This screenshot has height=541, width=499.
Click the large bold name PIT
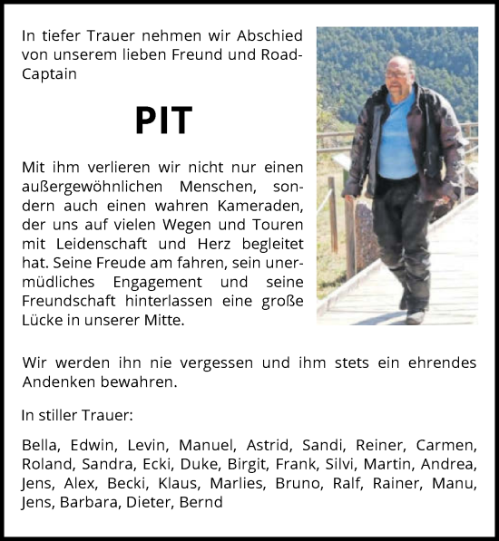(163, 121)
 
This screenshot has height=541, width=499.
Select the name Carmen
(445, 445)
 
